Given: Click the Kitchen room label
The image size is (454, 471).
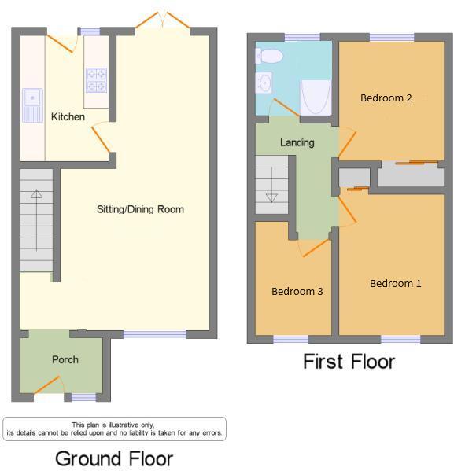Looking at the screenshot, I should [x=68, y=117].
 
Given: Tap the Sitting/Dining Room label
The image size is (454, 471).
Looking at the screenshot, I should [x=140, y=209].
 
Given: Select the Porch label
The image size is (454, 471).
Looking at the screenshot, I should [x=65, y=360].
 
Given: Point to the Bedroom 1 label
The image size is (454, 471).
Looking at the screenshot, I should [x=395, y=283].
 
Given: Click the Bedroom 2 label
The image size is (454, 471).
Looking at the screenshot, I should [x=386, y=98].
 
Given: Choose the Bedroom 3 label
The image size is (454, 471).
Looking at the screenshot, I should [x=297, y=291].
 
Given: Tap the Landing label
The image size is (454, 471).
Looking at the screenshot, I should [x=297, y=142].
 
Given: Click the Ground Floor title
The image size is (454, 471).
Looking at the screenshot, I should [x=113, y=458].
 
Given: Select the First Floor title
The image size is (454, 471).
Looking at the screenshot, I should [x=349, y=362].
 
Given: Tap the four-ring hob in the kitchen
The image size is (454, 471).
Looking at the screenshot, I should [x=96, y=80].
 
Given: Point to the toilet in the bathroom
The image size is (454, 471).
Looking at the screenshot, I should [x=270, y=56].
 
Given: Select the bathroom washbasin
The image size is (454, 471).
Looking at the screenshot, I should [x=264, y=82].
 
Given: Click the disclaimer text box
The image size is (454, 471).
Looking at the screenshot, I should [x=114, y=429].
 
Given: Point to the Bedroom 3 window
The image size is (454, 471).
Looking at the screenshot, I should [x=290, y=340].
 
